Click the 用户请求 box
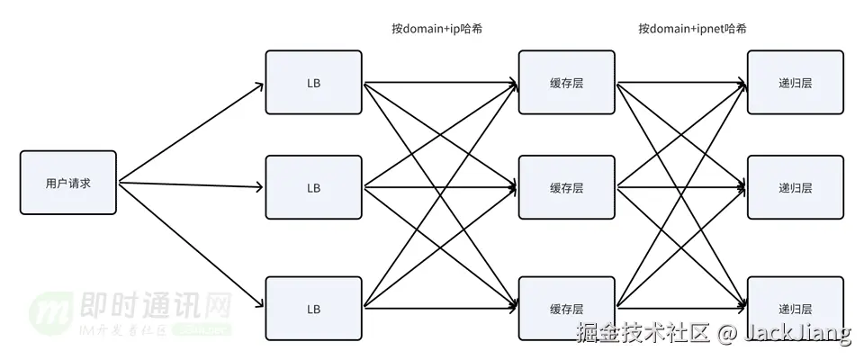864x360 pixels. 68,183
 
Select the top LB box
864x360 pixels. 313,83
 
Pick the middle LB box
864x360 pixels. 313,188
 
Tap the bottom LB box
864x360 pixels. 313,309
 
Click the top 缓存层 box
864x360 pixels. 567,83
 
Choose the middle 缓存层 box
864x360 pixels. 567,188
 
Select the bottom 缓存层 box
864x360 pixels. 567,309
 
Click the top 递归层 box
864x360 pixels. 796,83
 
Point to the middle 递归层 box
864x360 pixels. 796,188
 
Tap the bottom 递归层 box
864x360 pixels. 796,309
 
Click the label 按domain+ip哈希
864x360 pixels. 436,29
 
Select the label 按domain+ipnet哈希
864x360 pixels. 692,29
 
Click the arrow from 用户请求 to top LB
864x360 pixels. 191,133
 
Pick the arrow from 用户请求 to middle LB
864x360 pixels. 191,185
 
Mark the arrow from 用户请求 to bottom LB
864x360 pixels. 191,245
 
